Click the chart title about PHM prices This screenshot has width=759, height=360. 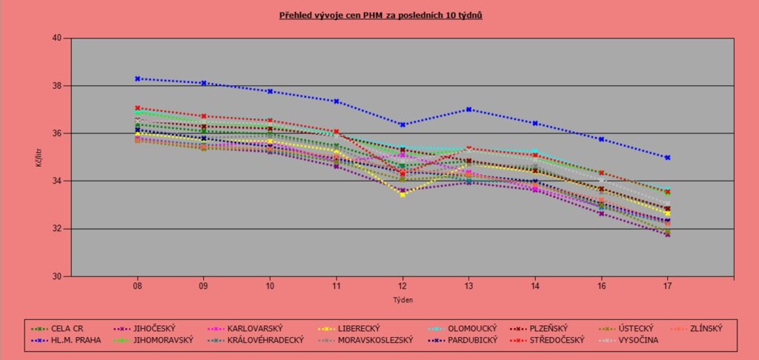[380, 15]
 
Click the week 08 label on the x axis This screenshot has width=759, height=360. [138, 285]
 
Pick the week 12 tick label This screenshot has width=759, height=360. [402, 285]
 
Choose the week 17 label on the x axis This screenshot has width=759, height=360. [667, 285]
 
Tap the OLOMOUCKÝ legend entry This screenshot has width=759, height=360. [462, 327]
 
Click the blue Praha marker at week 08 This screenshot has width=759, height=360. [138, 79]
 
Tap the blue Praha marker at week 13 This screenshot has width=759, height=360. [468, 109]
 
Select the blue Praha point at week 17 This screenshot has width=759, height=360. [667, 157]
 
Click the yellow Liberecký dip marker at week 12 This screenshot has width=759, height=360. [402, 195]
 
